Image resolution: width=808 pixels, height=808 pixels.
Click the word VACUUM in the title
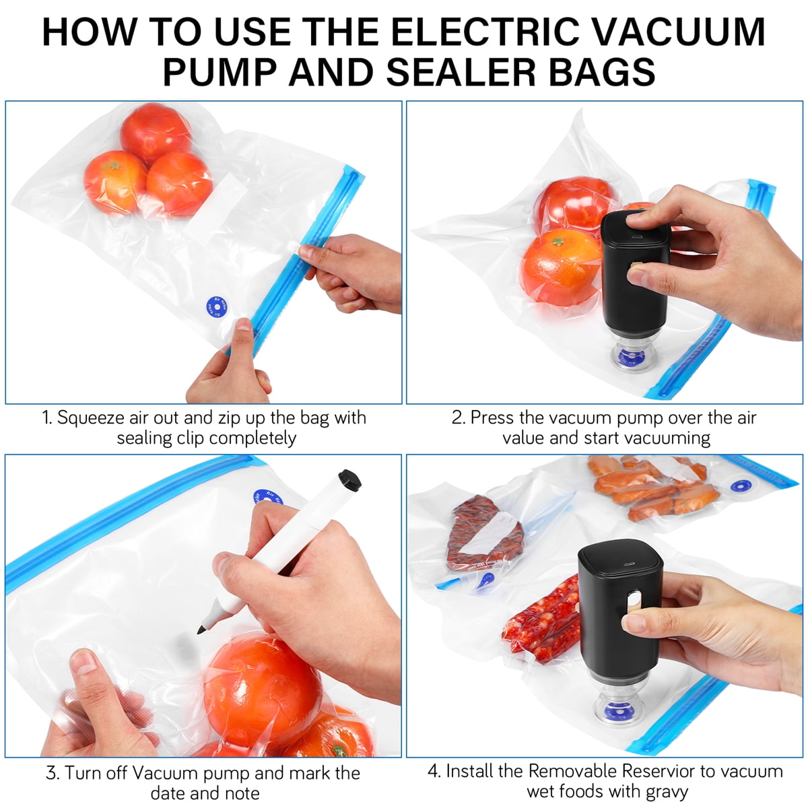point(681,32)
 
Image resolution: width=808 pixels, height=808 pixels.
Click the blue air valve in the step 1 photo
point(217,307)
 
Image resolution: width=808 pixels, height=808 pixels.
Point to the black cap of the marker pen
point(349,481)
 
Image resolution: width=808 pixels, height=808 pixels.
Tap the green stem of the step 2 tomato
point(558,242)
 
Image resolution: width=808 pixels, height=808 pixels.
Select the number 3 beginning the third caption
point(50,773)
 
